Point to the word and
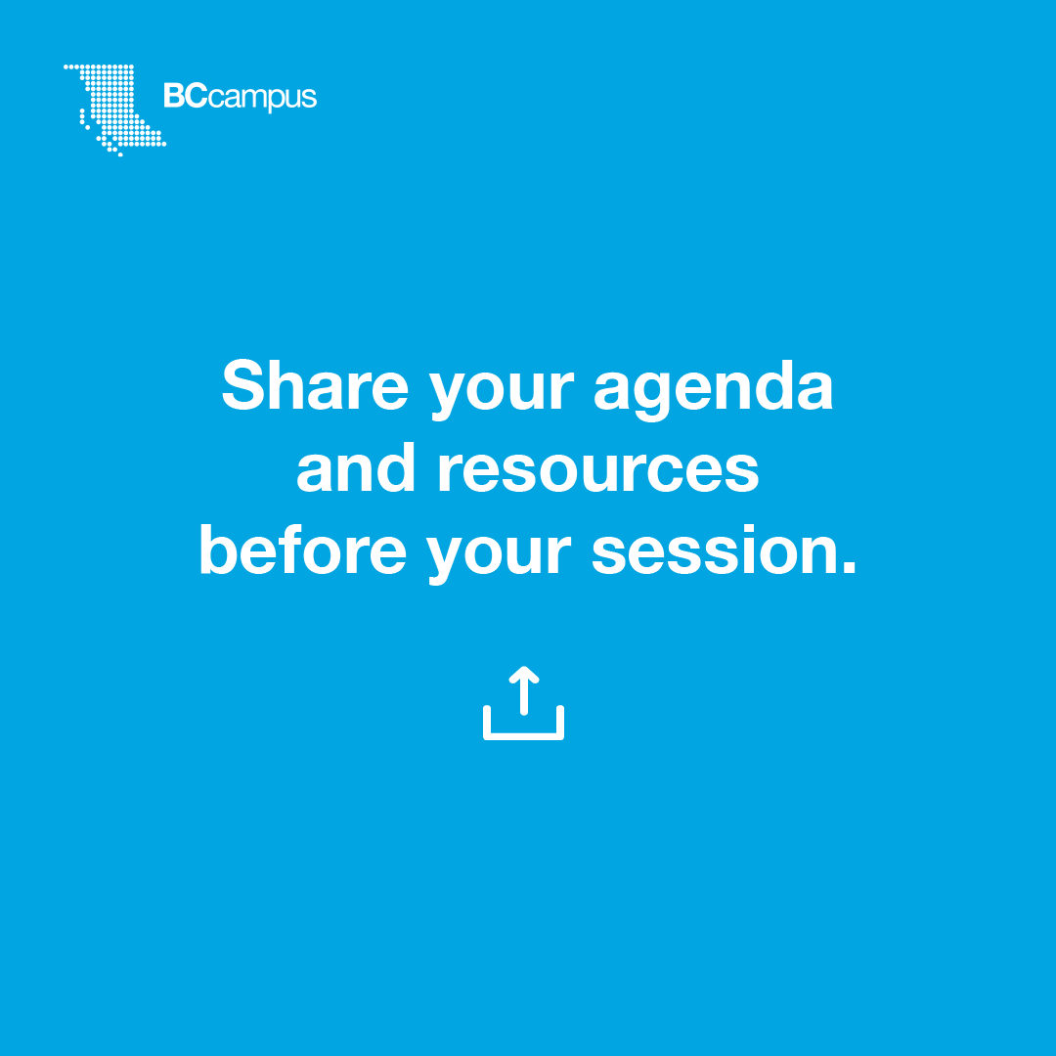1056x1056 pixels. [x=356, y=467]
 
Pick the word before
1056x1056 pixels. [x=303, y=550]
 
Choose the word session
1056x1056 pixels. [x=711, y=550]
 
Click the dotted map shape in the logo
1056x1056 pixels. [x=113, y=108]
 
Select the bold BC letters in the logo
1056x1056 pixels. [x=186, y=96]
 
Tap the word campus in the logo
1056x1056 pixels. [x=263, y=99]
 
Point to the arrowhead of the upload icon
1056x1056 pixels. [x=524, y=675]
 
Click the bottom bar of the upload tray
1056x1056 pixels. [x=524, y=736]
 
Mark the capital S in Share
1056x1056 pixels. [x=243, y=384]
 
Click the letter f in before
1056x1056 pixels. [x=291, y=549]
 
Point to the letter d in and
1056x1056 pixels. [x=396, y=467]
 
